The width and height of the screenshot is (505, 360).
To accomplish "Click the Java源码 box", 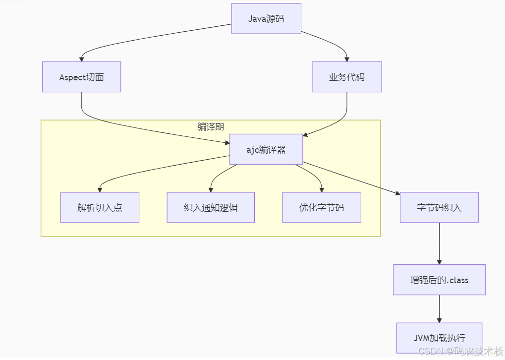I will (x=266, y=19).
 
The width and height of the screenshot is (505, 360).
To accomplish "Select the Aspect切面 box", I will (x=81, y=77).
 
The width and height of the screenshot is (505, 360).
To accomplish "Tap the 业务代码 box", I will (x=346, y=77).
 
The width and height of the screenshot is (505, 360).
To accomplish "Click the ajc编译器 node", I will (x=266, y=149).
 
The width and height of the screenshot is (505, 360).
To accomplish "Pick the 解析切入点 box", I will (x=100, y=207).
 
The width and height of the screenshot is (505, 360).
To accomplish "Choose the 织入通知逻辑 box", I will (x=211, y=207).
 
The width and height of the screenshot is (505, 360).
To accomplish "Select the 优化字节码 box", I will (x=321, y=207).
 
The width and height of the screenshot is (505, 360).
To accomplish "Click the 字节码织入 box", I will (x=439, y=207).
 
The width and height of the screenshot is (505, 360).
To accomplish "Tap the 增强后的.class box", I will (x=439, y=280).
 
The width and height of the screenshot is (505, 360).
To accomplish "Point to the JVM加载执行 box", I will (x=439, y=338).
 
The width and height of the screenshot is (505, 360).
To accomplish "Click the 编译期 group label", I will (x=211, y=126).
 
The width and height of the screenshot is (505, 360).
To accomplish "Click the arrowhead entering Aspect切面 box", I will (x=82, y=59).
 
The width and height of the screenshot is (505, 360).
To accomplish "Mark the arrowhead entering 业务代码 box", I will (x=347, y=59).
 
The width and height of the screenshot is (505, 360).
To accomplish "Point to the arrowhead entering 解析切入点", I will (x=100, y=189).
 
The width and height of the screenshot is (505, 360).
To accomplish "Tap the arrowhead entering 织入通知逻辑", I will (x=211, y=189).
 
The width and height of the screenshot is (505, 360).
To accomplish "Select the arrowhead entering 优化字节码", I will (x=322, y=189).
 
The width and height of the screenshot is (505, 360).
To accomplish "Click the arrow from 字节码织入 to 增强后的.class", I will (x=439, y=243).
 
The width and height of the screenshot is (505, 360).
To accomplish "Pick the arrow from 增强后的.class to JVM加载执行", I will (x=439, y=308).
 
